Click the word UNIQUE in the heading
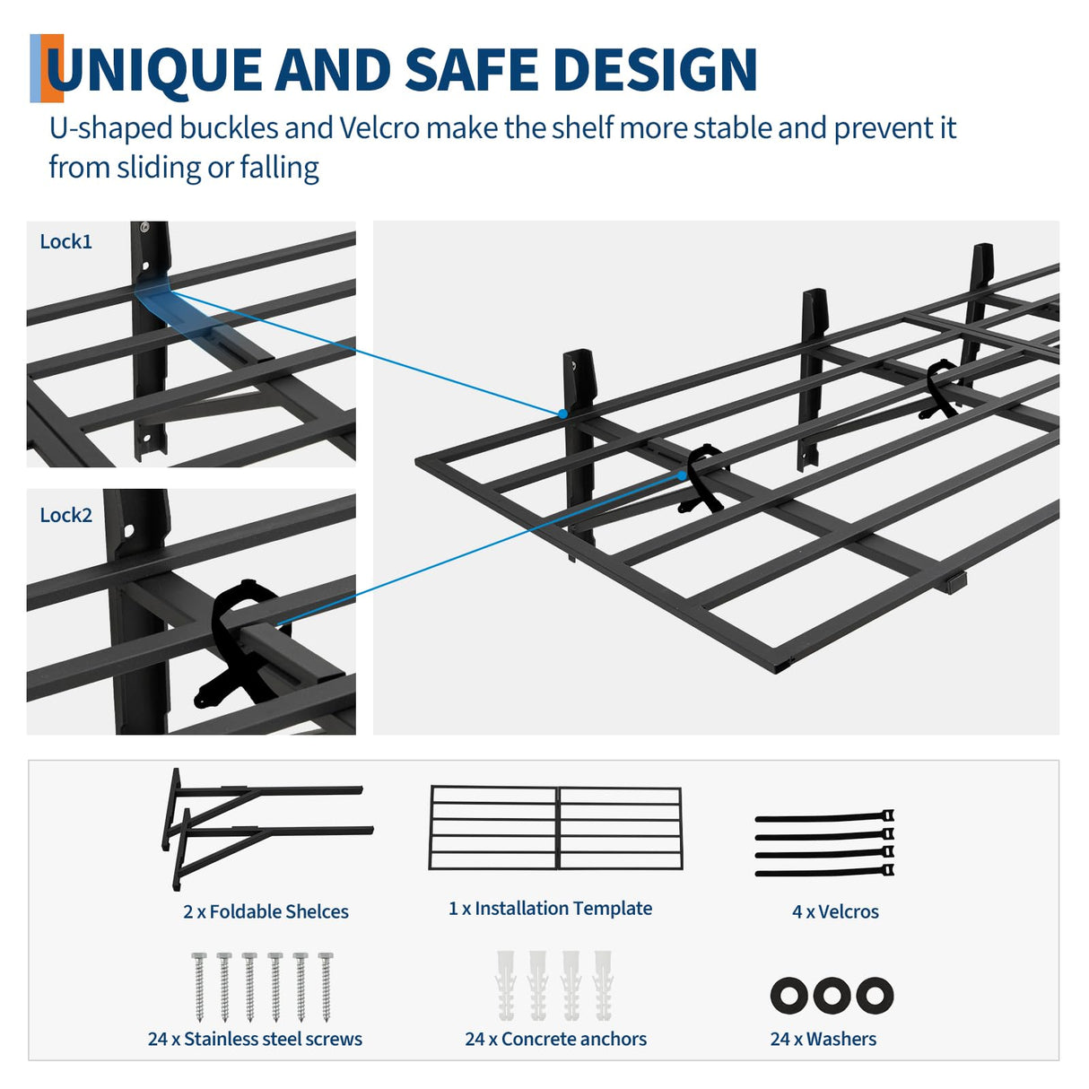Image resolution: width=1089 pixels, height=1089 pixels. tap(152, 70)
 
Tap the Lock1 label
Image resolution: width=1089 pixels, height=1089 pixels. tap(65, 241)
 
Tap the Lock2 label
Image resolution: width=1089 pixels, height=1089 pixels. tap(65, 515)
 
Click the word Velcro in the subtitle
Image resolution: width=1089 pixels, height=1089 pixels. tap(379, 128)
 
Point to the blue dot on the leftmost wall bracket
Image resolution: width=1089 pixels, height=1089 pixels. tap(562, 414)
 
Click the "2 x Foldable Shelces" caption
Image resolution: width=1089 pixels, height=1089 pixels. tap(266, 911)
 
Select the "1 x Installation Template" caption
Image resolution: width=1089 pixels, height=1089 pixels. tap(550, 908)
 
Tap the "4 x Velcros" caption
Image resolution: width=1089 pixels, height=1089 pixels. tap(835, 911)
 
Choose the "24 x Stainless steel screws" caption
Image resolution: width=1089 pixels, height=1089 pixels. tap(255, 1039)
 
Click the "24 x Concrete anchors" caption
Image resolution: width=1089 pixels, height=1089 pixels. tap(555, 1039)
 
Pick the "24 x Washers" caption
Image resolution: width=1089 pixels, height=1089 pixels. tap(823, 1039)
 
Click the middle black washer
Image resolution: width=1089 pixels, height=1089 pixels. tap(832, 996)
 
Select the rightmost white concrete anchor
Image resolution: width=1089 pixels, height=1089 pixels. tap(603, 985)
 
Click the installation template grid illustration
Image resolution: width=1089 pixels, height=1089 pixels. tap(555, 828)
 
